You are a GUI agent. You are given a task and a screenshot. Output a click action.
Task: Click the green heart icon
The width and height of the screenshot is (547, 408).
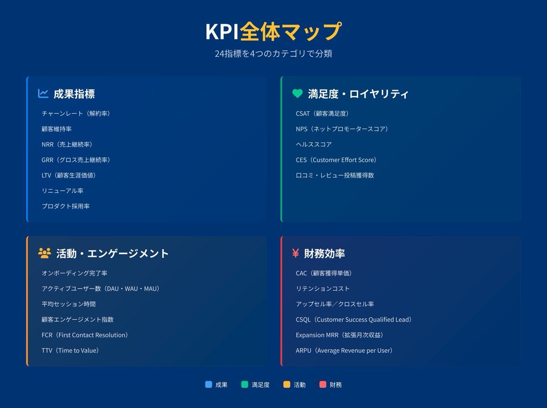click(x=297, y=94)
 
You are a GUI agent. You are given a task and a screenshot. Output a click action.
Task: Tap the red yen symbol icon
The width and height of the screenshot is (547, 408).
click(x=295, y=253)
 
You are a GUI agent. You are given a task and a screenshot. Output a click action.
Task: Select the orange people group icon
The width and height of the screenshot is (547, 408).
click(x=45, y=253)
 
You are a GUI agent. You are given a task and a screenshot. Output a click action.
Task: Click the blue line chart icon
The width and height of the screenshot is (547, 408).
click(x=43, y=94)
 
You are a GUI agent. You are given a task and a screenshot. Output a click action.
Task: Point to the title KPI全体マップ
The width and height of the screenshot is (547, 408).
click(x=273, y=31)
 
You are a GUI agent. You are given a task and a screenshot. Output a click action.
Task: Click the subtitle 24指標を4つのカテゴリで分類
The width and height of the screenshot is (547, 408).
click(x=273, y=54)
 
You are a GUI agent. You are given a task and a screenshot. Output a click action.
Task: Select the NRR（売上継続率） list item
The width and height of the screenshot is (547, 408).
click(x=67, y=144)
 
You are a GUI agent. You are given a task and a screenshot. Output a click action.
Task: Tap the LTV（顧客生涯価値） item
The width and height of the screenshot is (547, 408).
click(x=68, y=175)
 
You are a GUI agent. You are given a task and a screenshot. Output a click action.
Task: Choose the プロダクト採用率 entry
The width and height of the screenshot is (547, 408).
click(x=66, y=206)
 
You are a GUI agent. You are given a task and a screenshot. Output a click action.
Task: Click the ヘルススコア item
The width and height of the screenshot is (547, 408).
click(x=314, y=144)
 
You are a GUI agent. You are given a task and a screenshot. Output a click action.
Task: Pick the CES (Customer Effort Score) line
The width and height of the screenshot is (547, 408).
click(x=336, y=160)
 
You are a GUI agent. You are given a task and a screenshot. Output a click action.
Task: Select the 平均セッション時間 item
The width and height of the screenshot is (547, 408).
click(x=68, y=304)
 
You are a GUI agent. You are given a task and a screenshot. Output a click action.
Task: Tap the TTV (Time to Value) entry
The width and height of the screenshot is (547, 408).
click(x=70, y=351)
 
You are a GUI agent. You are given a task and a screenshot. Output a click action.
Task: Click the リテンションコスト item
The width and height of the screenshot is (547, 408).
click(x=323, y=289)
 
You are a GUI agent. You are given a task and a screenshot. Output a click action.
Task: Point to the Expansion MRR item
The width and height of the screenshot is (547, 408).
click(x=339, y=335)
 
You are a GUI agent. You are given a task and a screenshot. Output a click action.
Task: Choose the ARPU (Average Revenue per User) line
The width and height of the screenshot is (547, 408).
click(x=344, y=351)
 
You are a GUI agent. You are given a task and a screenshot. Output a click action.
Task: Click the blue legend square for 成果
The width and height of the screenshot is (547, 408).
click(x=209, y=384)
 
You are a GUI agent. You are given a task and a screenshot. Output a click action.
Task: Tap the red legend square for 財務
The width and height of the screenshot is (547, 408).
click(x=323, y=384)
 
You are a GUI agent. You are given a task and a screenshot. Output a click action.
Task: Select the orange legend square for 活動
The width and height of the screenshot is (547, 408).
click(x=287, y=384)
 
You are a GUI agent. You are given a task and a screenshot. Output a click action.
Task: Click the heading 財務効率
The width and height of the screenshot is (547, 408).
click(x=324, y=254)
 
